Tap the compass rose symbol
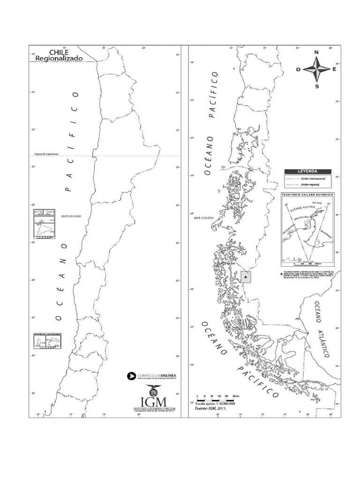coord(316,69)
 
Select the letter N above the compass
coord(316,52)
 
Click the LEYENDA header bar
coord(308,172)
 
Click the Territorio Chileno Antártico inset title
coord(307,194)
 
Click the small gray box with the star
coord(246,277)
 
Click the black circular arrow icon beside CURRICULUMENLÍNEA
coord(131,375)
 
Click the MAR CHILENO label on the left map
coord(71,216)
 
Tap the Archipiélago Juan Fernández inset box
coord(47,340)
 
